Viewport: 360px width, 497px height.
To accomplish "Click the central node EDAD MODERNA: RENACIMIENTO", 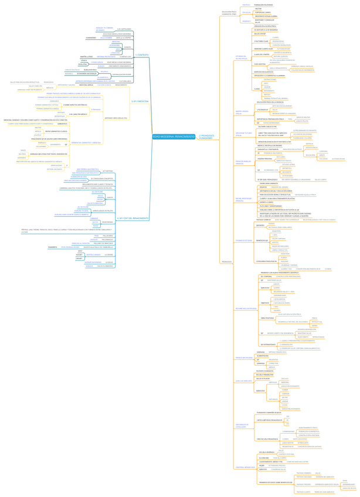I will click(174, 136).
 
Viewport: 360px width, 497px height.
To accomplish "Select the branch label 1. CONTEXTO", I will click(141, 55).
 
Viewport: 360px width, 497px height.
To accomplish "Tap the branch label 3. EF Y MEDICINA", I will click(140, 101).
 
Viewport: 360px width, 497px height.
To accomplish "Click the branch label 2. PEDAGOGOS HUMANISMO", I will click(206, 136).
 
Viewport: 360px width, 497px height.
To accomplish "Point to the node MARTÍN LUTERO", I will click(86, 57).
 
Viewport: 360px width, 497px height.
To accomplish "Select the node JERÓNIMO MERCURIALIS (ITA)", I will click(116, 118).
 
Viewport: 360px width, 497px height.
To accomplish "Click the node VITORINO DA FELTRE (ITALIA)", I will click(241, 57).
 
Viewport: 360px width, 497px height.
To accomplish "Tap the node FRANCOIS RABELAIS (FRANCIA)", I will click(243, 162).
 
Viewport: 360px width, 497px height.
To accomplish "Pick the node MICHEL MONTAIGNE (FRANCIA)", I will click(243, 200).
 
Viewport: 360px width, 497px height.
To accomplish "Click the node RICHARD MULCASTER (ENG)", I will click(246, 308).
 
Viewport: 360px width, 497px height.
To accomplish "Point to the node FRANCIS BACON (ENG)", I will click(243, 358).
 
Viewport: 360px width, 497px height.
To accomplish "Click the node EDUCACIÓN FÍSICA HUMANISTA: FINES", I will click(229, 12).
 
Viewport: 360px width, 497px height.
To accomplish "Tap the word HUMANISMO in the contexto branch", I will click(91, 38).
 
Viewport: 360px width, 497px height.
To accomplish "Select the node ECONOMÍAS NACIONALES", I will click(87, 74).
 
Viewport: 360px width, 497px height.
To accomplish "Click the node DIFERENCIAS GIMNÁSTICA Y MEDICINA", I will click(86, 142).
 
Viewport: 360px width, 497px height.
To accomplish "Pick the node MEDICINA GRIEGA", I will click(86, 85).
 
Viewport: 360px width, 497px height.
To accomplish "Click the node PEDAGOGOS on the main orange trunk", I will click(226, 261).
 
